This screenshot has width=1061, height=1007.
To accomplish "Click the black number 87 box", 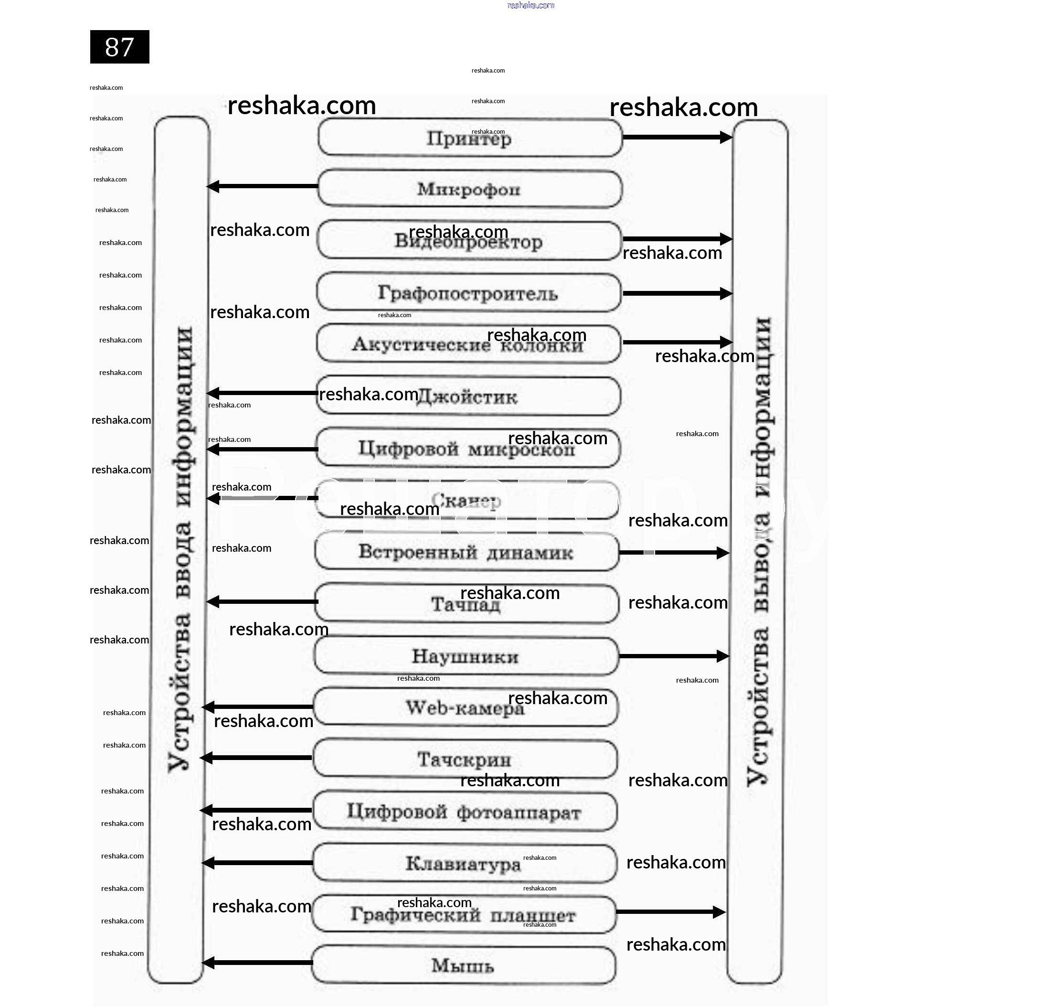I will pos(119,47).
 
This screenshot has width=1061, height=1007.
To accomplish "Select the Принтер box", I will pos(469,138).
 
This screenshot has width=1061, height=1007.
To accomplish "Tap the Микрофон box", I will pos(469,189).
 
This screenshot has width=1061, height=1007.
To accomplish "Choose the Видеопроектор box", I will pos(468,242).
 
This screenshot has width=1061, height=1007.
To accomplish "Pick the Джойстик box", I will pos(468,396).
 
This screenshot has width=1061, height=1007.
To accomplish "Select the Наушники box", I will pos(466,656).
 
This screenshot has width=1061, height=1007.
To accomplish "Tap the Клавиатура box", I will pos(464,864).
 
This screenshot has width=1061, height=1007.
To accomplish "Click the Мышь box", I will pos(463,965).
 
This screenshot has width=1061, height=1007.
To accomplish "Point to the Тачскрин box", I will pos(465,760).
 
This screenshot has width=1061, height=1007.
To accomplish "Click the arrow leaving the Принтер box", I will pos(677,138).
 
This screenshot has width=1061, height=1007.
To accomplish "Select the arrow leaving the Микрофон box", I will pos(263,186).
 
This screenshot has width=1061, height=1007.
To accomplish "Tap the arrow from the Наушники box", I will pos(674,656).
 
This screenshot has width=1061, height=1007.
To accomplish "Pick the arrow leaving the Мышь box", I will pos(257,963).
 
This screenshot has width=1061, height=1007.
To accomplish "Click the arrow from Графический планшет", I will pos(671,912).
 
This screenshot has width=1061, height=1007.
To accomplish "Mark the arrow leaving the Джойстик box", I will pos(263,393).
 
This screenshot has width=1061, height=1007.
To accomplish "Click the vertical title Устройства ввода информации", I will pos(180,547).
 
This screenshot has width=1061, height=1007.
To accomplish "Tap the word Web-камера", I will pos(465,708).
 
